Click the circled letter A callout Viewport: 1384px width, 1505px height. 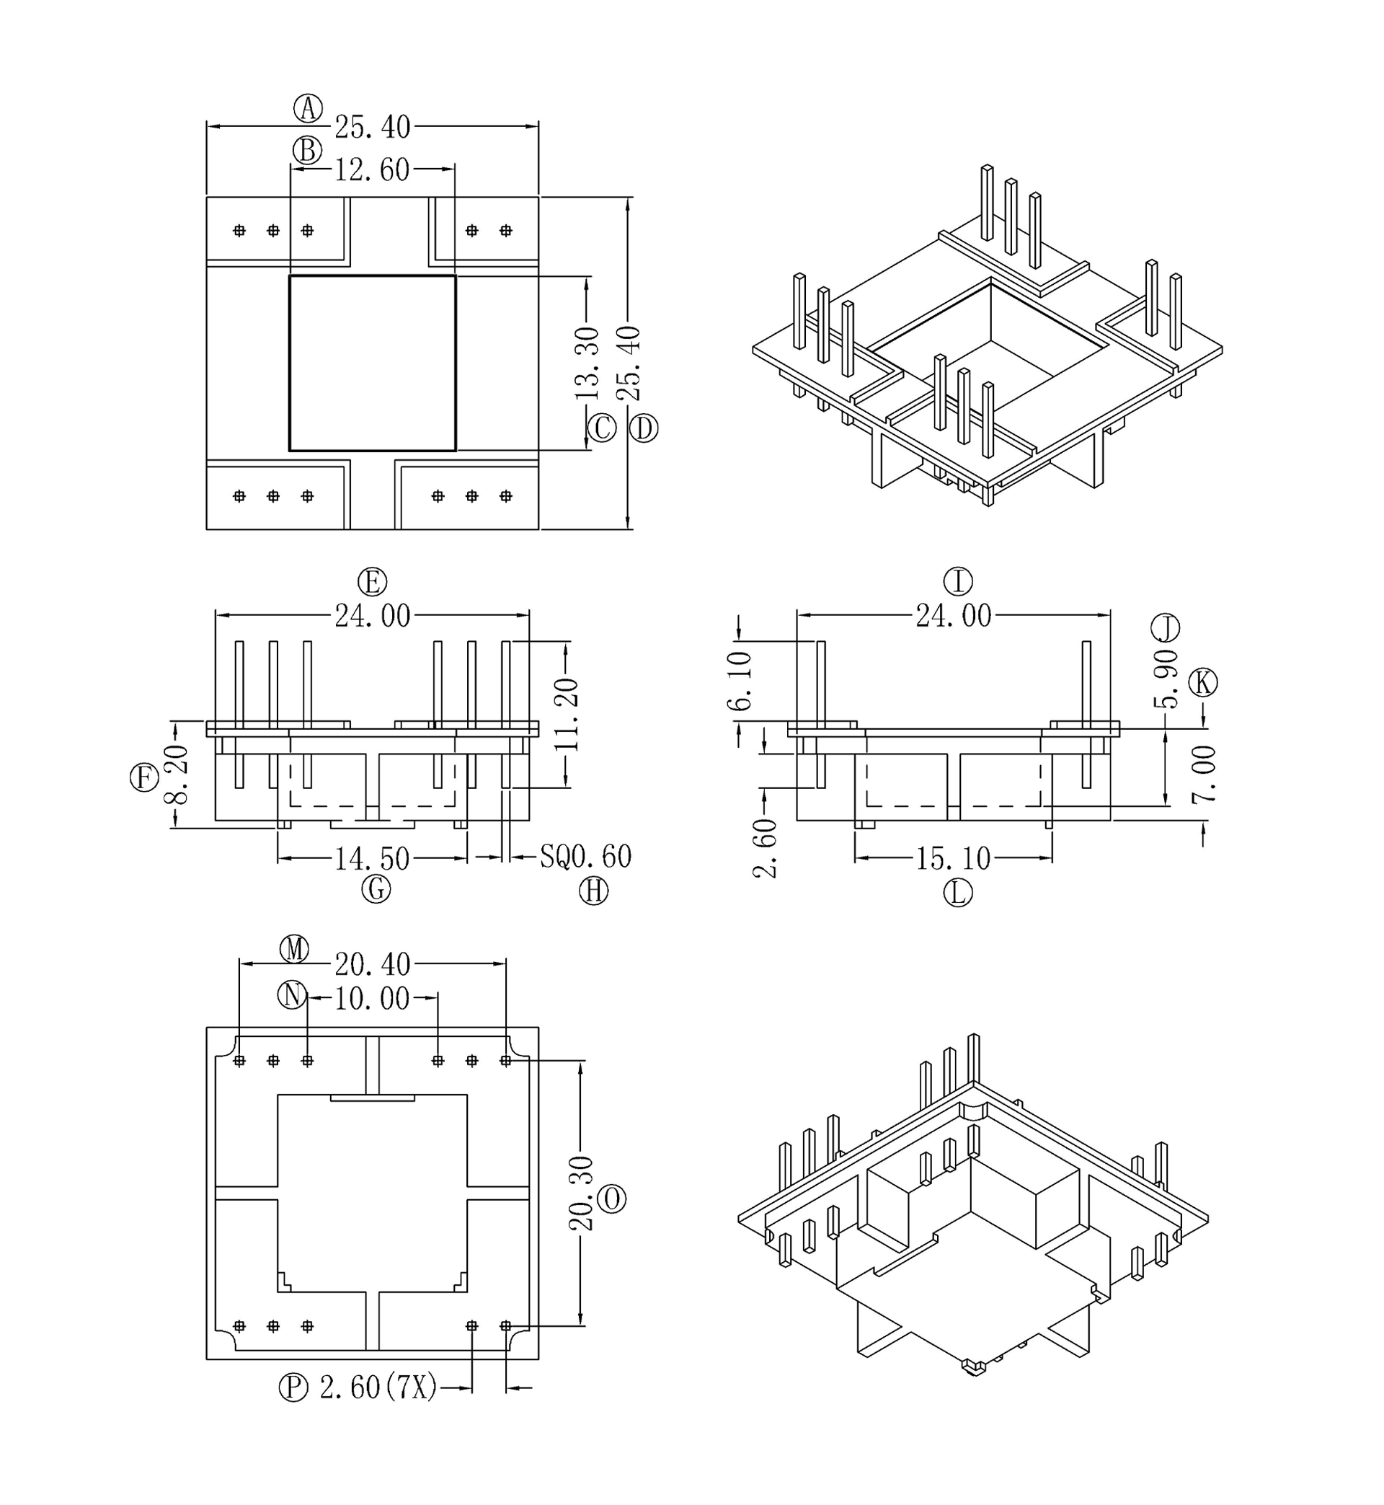point(308,109)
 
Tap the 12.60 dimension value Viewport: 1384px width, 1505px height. point(372,170)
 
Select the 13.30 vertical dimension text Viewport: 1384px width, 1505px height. point(587,363)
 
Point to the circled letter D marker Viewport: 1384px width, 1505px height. point(643,428)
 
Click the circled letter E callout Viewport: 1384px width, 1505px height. point(372,582)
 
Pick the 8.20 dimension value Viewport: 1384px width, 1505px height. point(177,774)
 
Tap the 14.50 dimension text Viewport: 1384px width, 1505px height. point(372,858)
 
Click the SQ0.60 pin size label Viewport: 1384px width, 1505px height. point(585,857)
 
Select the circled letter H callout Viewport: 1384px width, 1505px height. point(594,891)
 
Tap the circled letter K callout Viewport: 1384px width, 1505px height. point(1204,682)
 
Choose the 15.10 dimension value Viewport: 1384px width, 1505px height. point(954,858)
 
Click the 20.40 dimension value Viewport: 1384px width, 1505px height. point(372,964)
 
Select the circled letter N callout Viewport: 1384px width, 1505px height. point(292,996)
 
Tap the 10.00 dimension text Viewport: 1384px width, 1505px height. point(372,999)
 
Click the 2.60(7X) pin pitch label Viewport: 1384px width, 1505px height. point(378,1388)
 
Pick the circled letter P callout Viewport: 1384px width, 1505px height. point(293,1387)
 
